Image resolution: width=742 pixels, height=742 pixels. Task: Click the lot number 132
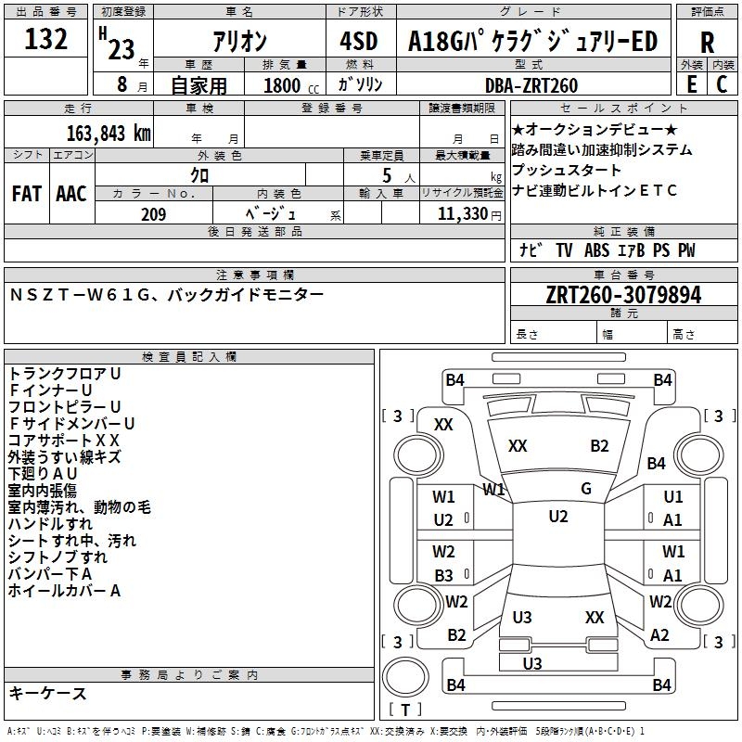(x=45, y=42)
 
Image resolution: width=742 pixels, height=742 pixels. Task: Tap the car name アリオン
(x=240, y=43)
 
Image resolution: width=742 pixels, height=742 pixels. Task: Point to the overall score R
(x=707, y=43)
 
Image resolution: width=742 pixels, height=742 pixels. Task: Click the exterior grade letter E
(x=691, y=84)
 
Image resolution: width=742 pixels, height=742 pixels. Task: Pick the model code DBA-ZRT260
(x=531, y=85)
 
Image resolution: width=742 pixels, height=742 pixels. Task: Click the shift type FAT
(x=26, y=194)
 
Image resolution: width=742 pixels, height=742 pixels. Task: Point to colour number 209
(x=153, y=214)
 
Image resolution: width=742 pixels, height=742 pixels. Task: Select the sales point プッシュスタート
(x=567, y=171)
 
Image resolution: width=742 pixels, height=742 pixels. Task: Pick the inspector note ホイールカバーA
(x=64, y=590)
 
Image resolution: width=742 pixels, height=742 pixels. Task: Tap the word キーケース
(x=47, y=693)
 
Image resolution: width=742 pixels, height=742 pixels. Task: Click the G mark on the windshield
(x=585, y=488)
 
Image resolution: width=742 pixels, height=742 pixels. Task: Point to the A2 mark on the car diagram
(x=659, y=635)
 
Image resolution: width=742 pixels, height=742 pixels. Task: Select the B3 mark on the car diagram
(x=444, y=575)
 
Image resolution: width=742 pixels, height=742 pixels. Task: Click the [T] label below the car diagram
(x=407, y=710)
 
